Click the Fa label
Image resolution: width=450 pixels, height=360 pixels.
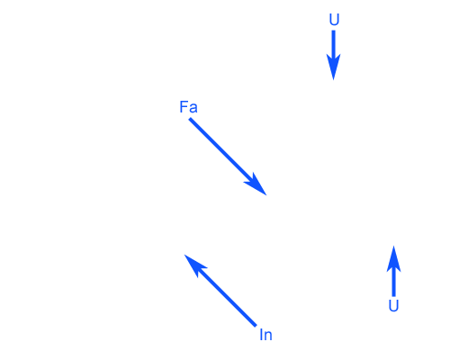188,107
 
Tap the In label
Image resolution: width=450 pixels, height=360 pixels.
265,335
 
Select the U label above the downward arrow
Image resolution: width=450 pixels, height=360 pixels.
334,20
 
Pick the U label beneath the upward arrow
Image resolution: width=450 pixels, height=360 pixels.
393,306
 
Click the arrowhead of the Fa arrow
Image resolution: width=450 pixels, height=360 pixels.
256,186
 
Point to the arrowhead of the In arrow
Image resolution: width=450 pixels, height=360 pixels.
193,265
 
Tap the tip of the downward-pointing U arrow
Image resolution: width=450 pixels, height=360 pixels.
333,80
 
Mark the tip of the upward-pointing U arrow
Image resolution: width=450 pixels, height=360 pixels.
393,246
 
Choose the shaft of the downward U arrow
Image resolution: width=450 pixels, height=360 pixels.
333,44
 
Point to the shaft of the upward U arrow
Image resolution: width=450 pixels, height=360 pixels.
393,282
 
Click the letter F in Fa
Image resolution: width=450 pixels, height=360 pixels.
183,107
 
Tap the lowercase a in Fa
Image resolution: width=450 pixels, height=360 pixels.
193,109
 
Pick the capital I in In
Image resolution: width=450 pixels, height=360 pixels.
261,335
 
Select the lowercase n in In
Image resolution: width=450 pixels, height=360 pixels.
268,336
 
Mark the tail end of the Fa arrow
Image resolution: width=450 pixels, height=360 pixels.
190,119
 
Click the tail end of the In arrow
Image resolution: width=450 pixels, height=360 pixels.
256,326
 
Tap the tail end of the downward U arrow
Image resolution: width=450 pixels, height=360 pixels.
333,31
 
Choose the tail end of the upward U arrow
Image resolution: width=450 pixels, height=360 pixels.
393,296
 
